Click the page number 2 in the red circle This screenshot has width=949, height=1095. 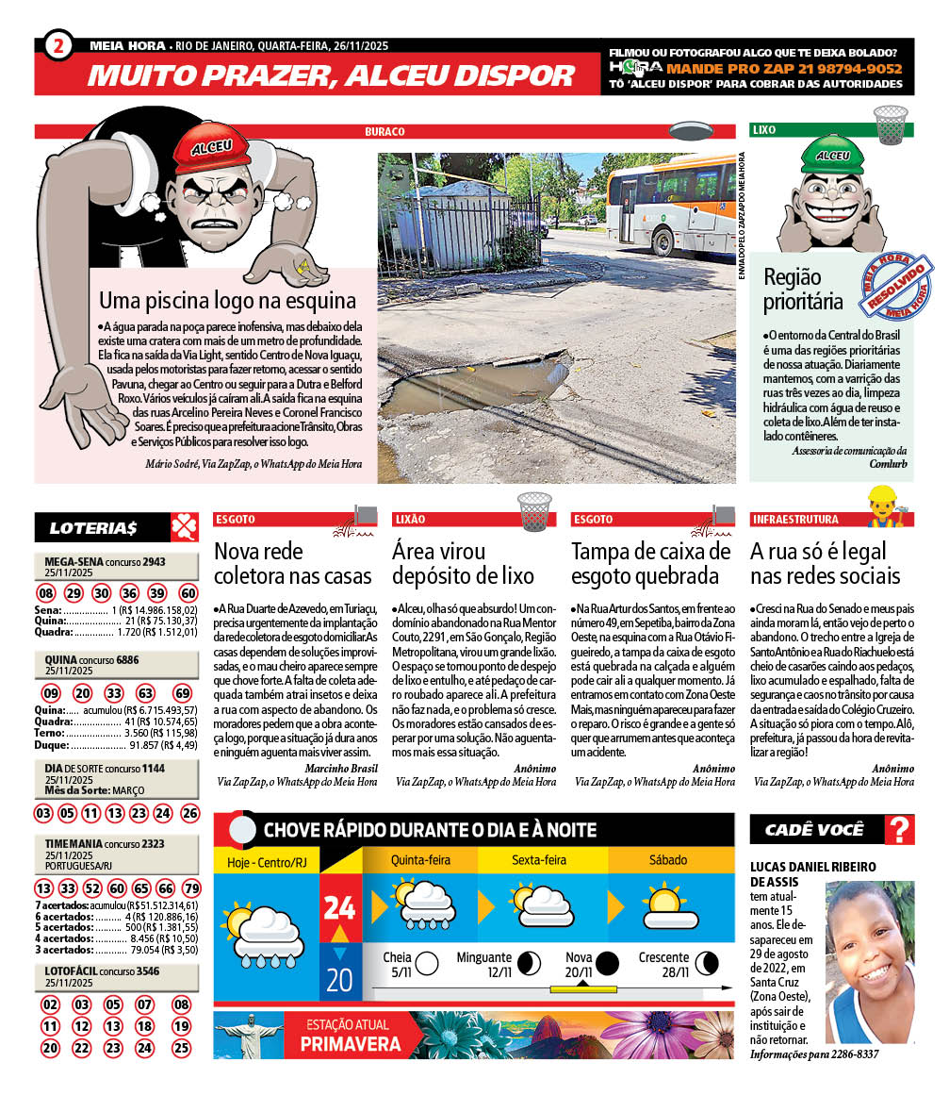[57, 44]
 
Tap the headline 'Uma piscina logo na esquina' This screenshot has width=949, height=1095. [227, 301]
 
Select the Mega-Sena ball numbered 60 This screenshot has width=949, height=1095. [188, 593]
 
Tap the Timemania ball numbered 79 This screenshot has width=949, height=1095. [191, 888]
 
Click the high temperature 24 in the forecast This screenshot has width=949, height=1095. [339, 907]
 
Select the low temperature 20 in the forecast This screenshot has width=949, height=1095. [339, 980]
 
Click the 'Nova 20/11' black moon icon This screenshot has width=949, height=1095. [607, 963]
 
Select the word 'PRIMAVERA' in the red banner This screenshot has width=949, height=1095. [351, 1044]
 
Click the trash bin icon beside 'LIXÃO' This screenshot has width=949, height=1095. [534, 512]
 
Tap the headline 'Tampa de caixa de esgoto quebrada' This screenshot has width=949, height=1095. [651, 563]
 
